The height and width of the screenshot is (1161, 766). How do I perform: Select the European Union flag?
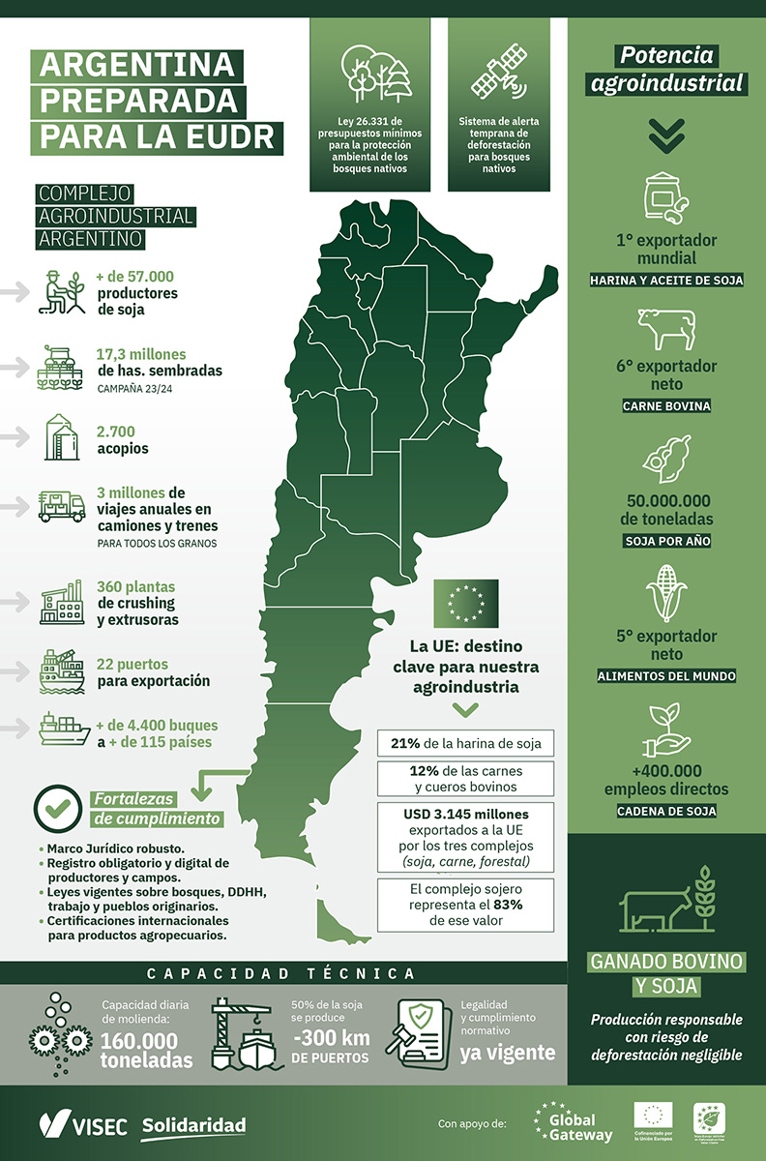pyautogui.click(x=466, y=601)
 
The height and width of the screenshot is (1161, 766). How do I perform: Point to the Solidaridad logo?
pyautogui.click(x=193, y=1125)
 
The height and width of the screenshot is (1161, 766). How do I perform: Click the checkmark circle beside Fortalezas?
pyautogui.click(x=56, y=809)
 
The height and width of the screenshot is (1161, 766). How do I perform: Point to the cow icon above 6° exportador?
pyautogui.click(x=666, y=329)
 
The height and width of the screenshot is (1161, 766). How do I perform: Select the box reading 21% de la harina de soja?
pyautogui.click(x=466, y=744)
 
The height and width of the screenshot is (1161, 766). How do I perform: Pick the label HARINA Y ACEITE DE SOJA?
pyautogui.click(x=666, y=281)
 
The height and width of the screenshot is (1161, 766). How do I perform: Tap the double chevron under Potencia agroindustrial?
pyautogui.click(x=666, y=135)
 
